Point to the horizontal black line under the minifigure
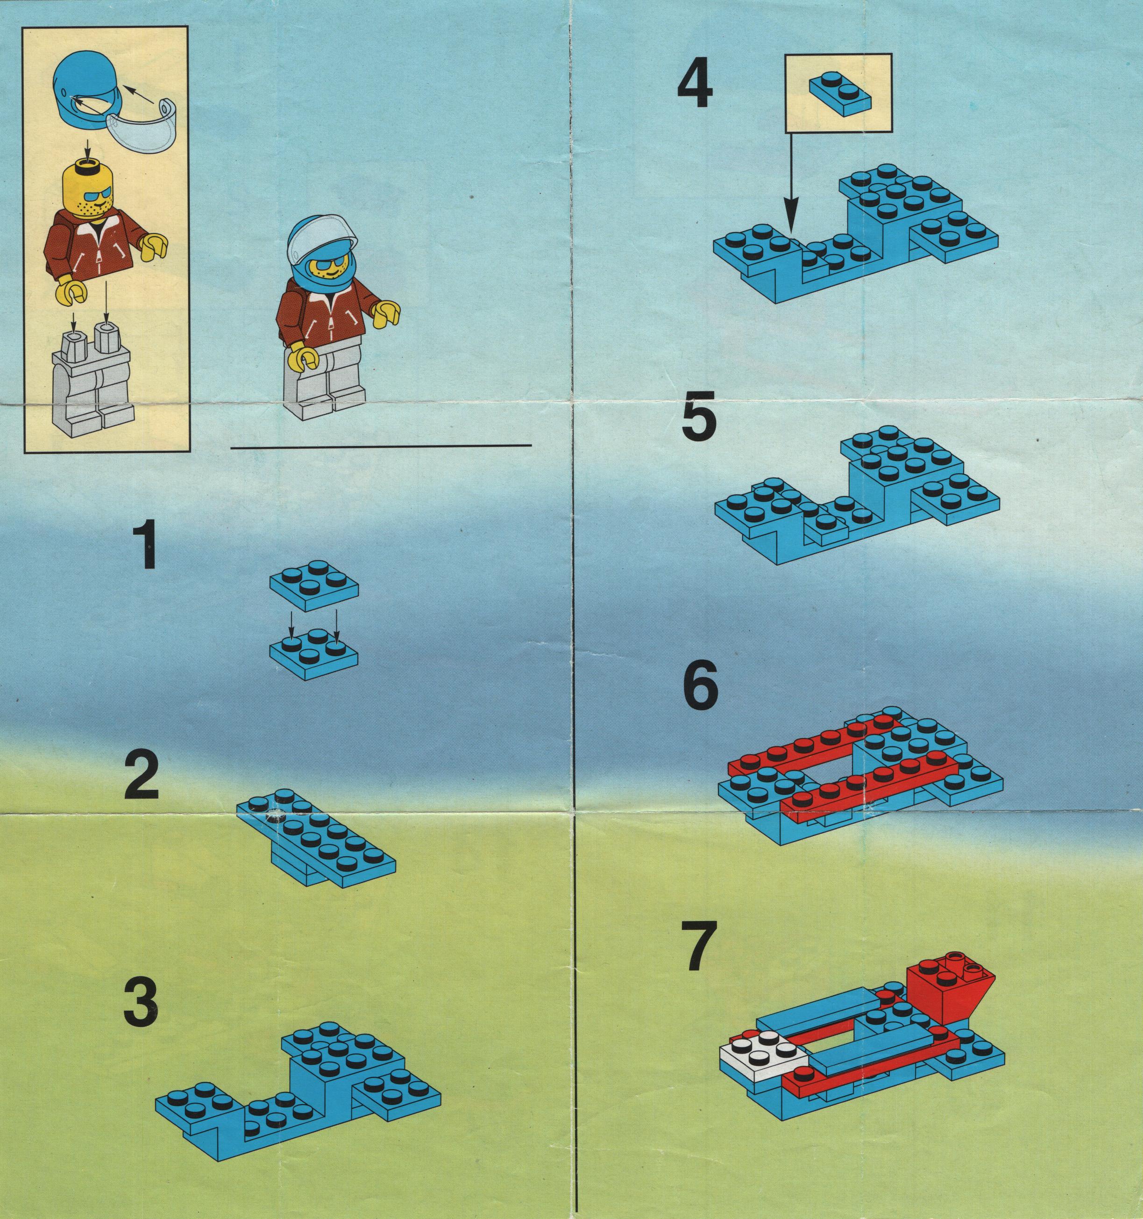pos(381,447)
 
